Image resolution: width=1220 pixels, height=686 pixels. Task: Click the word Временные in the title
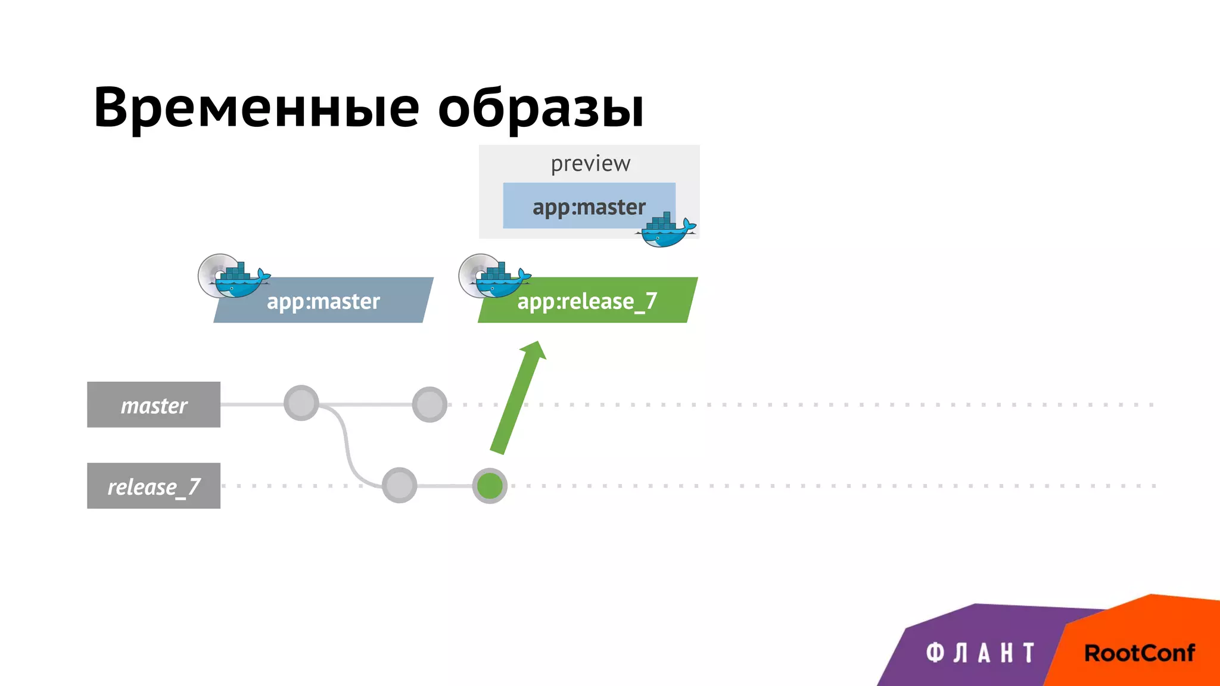(256, 108)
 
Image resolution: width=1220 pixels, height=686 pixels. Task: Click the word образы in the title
(540, 108)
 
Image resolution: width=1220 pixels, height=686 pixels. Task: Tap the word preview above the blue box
(590, 163)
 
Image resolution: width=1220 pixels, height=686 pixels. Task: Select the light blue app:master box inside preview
(572, 206)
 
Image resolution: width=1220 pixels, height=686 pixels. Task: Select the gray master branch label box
(154, 405)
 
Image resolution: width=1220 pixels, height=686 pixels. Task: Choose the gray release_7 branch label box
(154, 486)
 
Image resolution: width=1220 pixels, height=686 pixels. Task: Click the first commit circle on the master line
(301, 403)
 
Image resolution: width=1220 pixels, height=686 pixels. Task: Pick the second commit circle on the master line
(430, 404)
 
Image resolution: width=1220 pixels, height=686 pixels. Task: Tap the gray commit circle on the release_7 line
(399, 485)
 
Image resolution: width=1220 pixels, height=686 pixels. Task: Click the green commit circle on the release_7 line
(490, 486)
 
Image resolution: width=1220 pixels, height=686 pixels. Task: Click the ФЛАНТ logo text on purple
(980, 653)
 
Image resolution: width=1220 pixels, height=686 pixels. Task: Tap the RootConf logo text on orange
(1139, 653)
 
